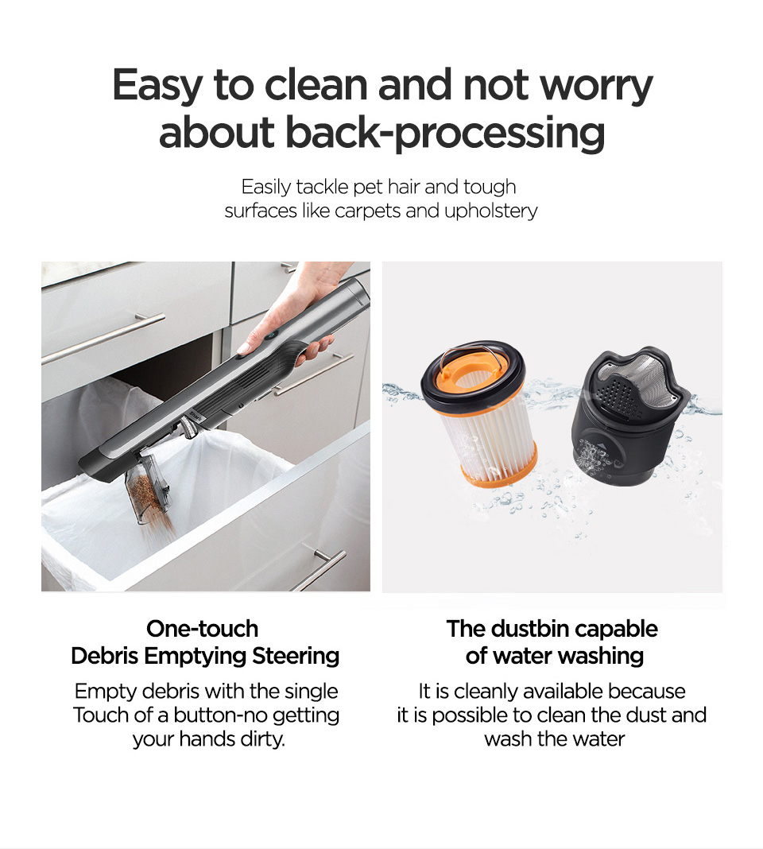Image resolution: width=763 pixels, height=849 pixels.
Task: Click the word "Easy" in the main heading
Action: [x=157, y=85]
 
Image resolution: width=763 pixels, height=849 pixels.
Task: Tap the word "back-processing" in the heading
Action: [x=444, y=133]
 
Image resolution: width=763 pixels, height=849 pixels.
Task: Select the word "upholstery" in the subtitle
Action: [x=491, y=211]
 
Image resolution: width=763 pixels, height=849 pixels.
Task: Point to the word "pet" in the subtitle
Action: [x=368, y=188]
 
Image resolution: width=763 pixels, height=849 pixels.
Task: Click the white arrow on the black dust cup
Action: [x=598, y=447]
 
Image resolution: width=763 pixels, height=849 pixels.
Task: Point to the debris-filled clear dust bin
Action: [x=147, y=488]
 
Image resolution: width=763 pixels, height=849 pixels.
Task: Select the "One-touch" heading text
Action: [x=203, y=629]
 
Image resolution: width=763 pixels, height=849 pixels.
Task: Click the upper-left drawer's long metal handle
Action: [x=103, y=338]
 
